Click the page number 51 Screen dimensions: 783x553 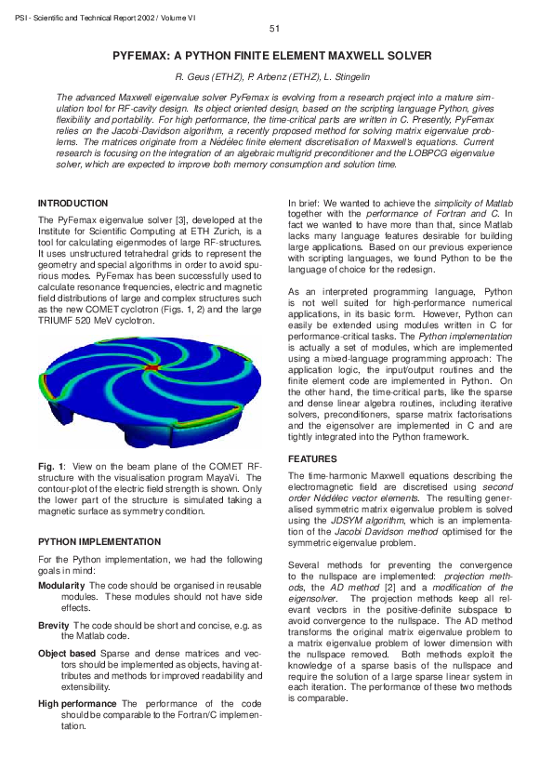(274, 30)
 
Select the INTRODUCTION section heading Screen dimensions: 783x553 (72, 204)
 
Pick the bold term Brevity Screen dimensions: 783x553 (53, 626)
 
